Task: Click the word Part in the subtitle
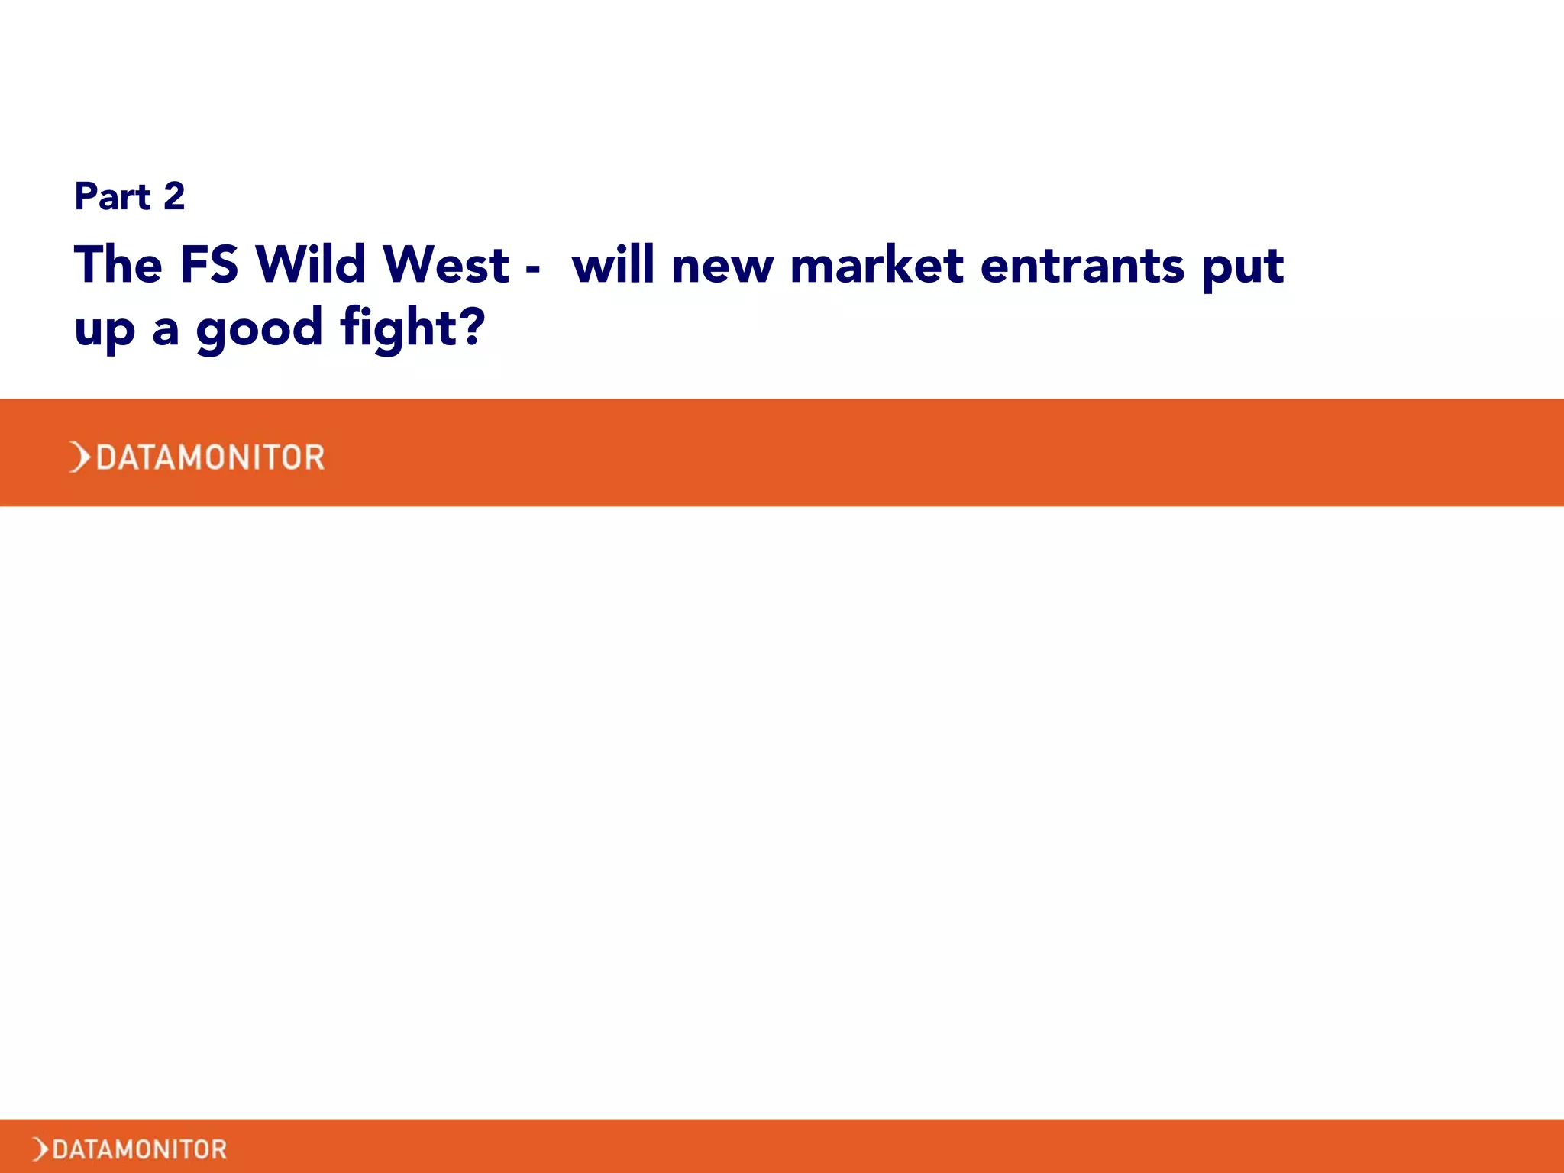(112, 196)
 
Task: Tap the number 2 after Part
(174, 196)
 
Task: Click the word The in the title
(118, 265)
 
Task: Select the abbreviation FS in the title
(209, 265)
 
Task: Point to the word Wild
(311, 265)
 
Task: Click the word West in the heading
(446, 265)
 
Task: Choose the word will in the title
(613, 265)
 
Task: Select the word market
(877, 265)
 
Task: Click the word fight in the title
(398, 328)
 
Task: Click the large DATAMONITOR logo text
(210, 457)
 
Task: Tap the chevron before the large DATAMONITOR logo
(79, 457)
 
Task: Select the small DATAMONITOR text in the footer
(140, 1149)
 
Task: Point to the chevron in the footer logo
(40, 1149)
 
